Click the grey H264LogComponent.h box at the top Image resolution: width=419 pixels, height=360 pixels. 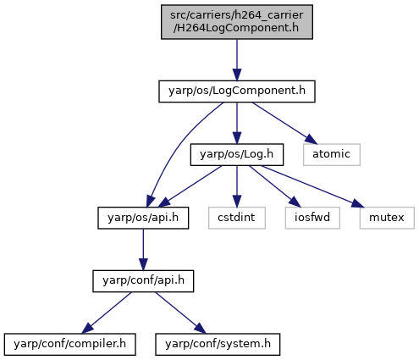pos(237,22)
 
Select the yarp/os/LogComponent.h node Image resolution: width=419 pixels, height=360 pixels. pos(237,91)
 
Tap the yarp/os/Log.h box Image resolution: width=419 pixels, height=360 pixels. pos(237,155)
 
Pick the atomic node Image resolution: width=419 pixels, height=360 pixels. pos(332,155)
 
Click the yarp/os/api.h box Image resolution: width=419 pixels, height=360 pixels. pos(143,218)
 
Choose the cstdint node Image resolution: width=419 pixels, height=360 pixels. pos(237,218)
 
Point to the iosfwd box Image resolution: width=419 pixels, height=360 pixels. pos(312,218)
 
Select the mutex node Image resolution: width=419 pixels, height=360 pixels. pos(387,218)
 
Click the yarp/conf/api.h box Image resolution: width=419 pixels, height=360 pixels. pos(143,281)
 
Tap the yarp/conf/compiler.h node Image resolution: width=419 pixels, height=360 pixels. pos(69,345)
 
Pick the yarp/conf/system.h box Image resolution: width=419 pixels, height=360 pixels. pos(218,345)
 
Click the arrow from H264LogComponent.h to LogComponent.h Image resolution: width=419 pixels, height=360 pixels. pos(237,60)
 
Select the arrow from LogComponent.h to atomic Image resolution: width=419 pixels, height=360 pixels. pos(283,123)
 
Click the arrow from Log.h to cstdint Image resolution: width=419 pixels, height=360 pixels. pos(237,186)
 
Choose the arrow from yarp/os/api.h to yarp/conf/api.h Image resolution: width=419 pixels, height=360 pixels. pos(143,250)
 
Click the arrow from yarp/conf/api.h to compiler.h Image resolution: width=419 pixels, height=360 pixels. pos(107,313)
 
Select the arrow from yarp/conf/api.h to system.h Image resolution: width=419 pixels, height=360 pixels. pos(180,313)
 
